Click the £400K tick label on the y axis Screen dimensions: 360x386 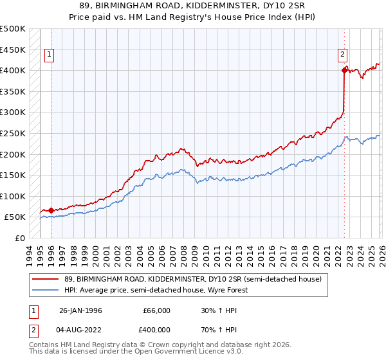pyautogui.click(x=13, y=70)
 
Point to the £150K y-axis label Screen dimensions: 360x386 pyautogui.click(x=13, y=175)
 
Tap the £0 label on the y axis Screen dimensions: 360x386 pyautogui.click(x=20, y=238)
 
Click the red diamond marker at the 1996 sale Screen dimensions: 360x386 pyautogui.click(x=51, y=210)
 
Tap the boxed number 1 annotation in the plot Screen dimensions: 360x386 pyautogui.click(x=50, y=55)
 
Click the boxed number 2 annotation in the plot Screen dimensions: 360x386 pyautogui.click(x=343, y=55)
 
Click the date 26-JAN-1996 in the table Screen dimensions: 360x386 pyautogui.click(x=80, y=310)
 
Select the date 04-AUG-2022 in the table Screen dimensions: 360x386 pyautogui.click(x=80, y=331)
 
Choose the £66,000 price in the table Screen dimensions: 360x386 pyautogui.click(x=156, y=310)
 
